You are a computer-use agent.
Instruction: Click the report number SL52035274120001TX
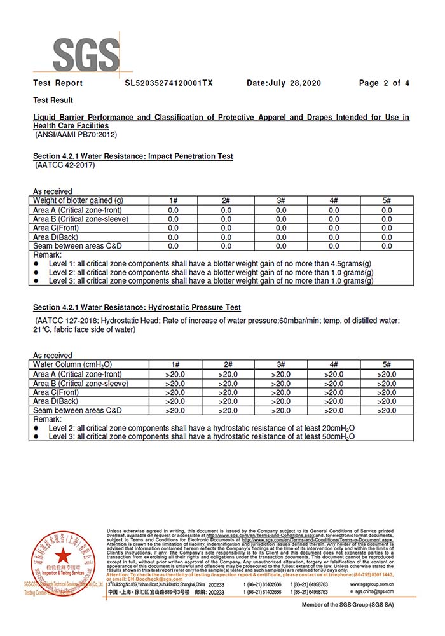coord(168,83)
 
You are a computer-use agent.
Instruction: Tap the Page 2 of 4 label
coord(384,83)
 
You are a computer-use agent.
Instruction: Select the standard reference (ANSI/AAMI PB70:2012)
coord(77,135)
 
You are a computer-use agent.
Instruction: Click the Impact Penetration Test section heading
coord(133,156)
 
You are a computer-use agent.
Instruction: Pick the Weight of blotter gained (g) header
coord(78,201)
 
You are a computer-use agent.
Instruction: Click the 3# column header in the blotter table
coord(280,201)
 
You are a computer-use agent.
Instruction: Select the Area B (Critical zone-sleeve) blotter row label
coord(81,219)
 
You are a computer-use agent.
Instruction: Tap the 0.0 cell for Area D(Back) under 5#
coord(387,237)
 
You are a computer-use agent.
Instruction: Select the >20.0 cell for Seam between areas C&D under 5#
coord(387,411)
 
